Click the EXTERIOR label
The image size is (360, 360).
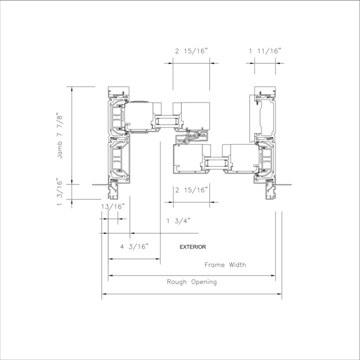[x=192, y=247]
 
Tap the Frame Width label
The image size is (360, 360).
[x=225, y=265]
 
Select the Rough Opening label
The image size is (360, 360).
[x=191, y=282]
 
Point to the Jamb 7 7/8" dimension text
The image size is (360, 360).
[x=59, y=135]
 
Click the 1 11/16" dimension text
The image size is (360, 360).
[x=265, y=51]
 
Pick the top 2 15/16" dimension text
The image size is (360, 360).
[x=191, y=51]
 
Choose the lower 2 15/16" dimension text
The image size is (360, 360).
[x=191, y=190]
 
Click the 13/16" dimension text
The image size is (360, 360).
[x=113, y=206]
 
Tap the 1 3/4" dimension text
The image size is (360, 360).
[x=178, y=221]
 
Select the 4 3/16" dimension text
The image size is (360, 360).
[x=134, y=247]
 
